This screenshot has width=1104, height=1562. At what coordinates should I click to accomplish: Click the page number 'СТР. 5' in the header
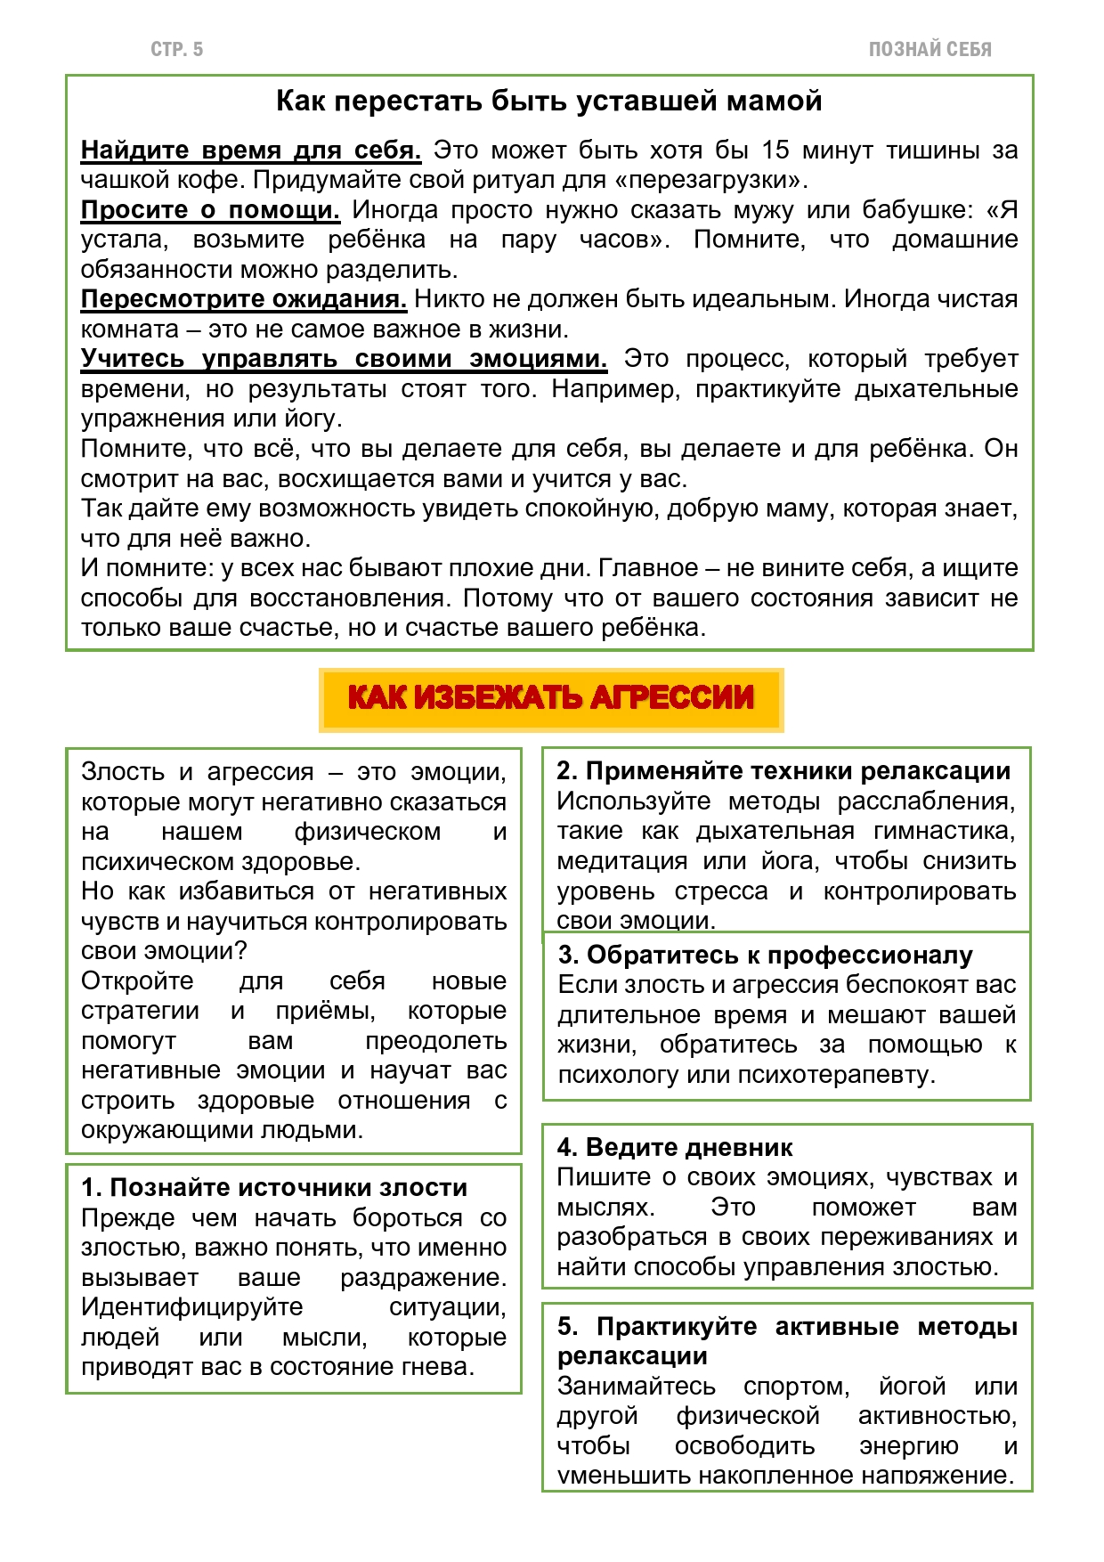176,50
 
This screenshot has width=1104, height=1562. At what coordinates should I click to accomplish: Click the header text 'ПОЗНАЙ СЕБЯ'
929,50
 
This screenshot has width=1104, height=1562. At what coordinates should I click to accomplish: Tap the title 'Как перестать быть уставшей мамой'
548,102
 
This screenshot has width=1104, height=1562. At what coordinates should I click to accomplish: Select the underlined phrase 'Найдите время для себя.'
251,151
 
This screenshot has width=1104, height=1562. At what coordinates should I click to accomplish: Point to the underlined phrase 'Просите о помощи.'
210,210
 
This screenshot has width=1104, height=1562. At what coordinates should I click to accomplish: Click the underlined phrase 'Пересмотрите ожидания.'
244,299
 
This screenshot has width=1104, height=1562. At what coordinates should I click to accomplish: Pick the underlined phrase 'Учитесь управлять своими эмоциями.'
344,359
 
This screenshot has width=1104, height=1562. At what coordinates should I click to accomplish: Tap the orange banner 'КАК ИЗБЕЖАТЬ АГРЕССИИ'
550,698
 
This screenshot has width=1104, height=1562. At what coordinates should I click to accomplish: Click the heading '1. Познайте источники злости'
274,1188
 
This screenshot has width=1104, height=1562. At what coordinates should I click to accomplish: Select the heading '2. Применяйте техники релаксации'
783,771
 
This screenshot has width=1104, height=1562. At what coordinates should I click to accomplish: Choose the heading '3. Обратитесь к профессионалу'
766,956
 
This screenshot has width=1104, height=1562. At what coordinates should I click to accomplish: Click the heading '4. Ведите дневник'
675,1148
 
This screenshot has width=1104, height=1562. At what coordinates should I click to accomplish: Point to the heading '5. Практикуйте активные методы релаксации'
787,1341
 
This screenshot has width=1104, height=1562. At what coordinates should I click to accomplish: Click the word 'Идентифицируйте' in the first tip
192,1307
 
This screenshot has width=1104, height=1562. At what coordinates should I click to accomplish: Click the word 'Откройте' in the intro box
137,981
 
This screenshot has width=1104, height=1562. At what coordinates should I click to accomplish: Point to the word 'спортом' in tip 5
797,1387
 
